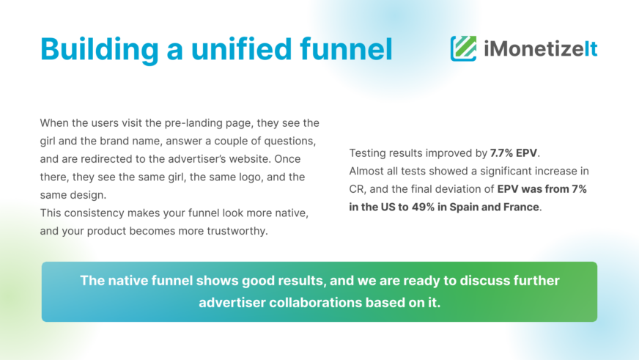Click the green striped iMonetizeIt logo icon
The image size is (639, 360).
(x=463, y=48)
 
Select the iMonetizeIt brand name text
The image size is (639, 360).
(x=540, y=49)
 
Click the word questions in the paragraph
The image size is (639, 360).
(x=289, y=141)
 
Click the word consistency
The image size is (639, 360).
(x=96, y=213)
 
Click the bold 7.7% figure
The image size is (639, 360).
(x=501, y=153)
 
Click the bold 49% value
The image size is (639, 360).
(x=423, y=207)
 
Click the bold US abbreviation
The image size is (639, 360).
(x=388, y=207)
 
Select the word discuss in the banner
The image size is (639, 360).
(x=481, y=281)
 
